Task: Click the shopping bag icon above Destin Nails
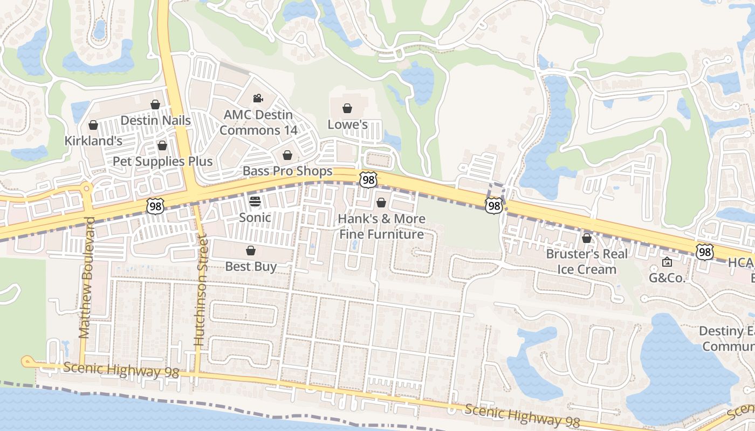point(155,105)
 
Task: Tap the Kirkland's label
point(93,141)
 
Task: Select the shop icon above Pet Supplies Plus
point(162,145)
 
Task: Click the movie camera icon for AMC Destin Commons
point(258,98)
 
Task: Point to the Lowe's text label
point(347,124)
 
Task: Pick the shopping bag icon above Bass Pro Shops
point(287,155)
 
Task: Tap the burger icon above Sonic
point(255,201)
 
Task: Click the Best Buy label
point(251,266)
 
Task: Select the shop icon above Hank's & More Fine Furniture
point(381,203)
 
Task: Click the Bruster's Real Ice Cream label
point(586,261)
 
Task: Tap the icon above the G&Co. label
point(667,262)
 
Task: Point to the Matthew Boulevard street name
point(86,278)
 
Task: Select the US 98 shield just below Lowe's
point(368,179)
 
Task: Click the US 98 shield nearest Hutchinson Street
point(155,205)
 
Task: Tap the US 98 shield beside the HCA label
point(704,252)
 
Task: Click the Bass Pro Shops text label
point(287,171)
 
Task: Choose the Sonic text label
point(255,217)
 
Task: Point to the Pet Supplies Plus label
point(162,161)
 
